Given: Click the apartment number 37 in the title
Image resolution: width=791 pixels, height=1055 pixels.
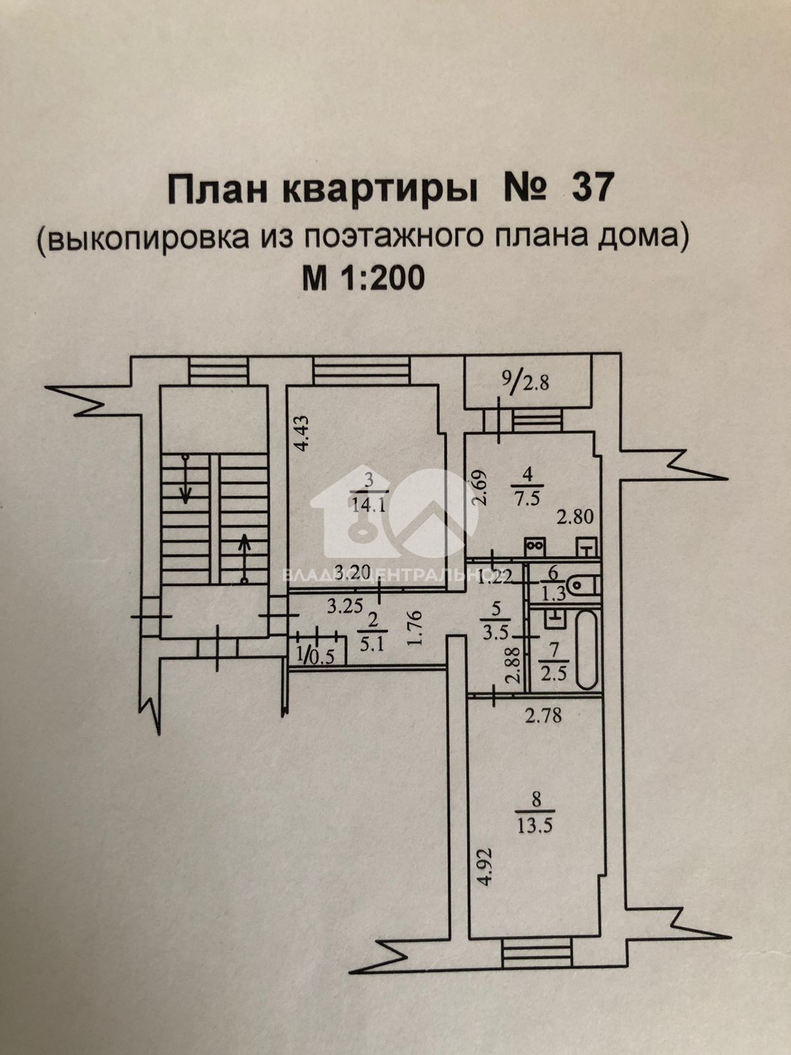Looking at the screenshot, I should (592, 189).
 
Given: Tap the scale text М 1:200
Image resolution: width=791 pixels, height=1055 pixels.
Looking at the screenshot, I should (363, 279).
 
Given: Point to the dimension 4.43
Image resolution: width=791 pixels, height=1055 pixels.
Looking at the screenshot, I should (300, 433).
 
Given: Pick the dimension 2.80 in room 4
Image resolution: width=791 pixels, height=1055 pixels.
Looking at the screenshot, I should (575, 516).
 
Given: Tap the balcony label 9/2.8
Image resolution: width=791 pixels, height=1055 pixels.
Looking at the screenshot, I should (525, 380).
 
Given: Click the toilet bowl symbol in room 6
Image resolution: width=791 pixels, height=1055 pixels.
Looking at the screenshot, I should (584, 584).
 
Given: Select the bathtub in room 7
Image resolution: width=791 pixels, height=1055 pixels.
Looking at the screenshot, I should (586, 649).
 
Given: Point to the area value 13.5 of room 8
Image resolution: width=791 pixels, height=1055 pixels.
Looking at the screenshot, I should (535, 826).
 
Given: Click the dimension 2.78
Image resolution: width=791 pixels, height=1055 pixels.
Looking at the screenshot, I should (543, 715).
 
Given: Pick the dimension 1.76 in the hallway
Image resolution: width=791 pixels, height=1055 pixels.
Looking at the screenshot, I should (415, 629).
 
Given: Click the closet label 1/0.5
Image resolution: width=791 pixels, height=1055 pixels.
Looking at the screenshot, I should (316, 655).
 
